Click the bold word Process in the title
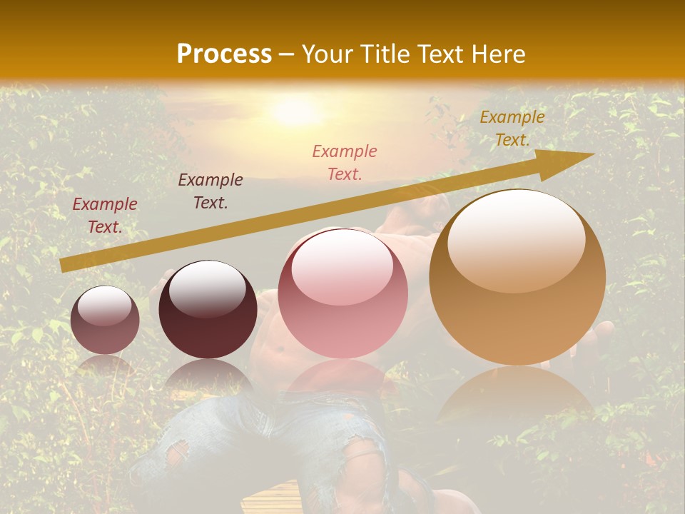pos(224,54)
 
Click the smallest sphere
pos(105,320)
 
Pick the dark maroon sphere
pos(208,309)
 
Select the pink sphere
pos(342,293)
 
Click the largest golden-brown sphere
pos(517,278)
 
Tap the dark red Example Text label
pos(105,216)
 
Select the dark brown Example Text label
pos(210,191)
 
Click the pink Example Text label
pos(345,162)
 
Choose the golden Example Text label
pos(512,128)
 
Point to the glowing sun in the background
pos(294,111)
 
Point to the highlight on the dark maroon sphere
pos(207,288)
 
